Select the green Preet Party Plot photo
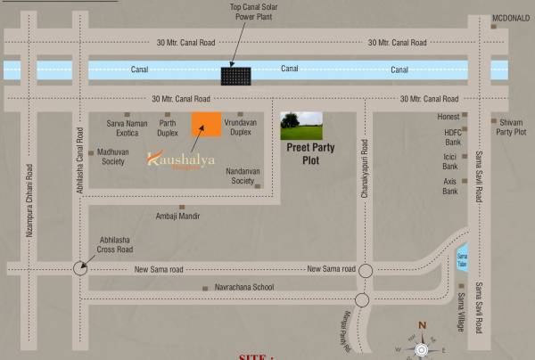click(301, 127)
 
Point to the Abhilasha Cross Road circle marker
click(81, 266)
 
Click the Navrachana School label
click(243, 287)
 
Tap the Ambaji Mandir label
click(179, 217)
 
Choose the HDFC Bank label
click(452, 137)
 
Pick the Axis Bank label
click(449, 185)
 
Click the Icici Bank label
click(450, 161)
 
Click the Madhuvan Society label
click(111, 157)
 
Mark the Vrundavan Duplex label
click(241, 127)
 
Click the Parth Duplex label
click(168, 127)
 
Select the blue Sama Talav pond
click(462, 257)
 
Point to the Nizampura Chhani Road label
click(29, 205)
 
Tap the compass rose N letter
click(422, 324)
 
